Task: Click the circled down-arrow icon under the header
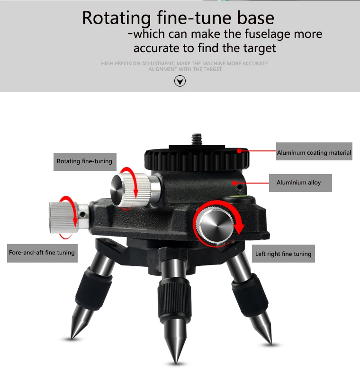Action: [180, 81]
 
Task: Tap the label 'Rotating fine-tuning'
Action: [85, 161]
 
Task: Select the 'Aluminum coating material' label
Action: [314, 151]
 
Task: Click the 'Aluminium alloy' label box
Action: [300, 183]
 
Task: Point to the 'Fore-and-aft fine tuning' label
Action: [42, 253]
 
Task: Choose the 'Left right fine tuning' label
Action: [283, 254]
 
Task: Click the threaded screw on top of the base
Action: [197, 140]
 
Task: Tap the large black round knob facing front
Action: [215, 225]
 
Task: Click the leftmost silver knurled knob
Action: [63, 218]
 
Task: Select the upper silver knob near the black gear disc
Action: [130, 190]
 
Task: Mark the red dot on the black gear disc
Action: [239, 151]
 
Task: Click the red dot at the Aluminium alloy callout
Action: [234, 183]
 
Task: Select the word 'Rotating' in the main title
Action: [117, 18]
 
